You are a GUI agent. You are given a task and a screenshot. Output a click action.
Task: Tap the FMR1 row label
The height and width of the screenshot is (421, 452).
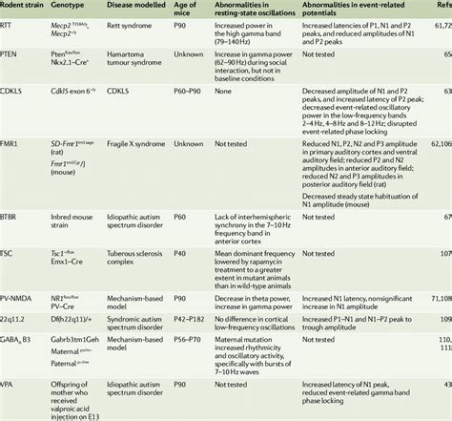(x=11, y=168)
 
